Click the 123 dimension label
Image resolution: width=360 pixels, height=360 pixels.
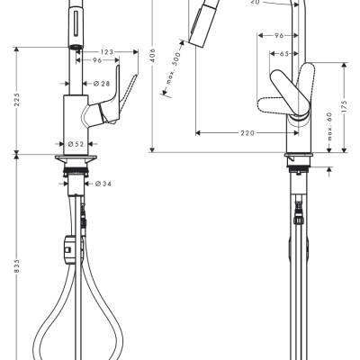106,52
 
